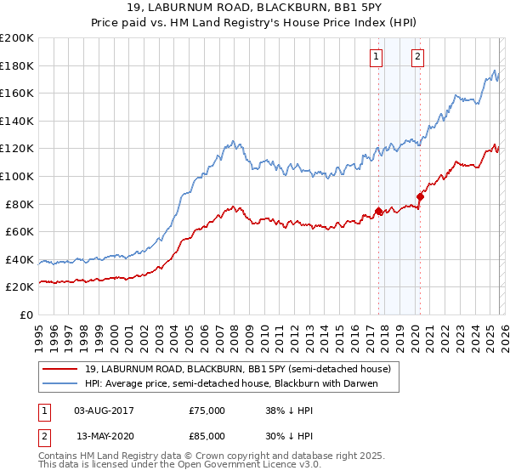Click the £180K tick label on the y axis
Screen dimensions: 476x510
[x=17, y=65]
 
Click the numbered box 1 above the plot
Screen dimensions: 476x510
[x=376, y=58]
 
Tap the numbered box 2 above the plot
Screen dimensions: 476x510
[x=418, y=58]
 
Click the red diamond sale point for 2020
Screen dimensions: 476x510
[x=419, y=197]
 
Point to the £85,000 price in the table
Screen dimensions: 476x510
[x=207, y=438]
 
